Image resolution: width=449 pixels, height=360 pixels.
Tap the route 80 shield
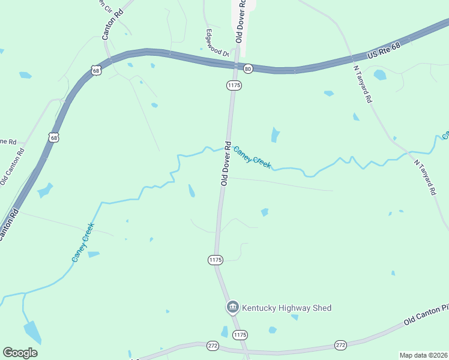(x=248, y=69)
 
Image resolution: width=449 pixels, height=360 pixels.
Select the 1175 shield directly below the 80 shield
(x=234, y=86)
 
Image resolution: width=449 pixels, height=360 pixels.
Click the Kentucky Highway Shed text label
(x=286, y=308)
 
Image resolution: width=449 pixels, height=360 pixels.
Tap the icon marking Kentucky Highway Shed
(x=232, y=308)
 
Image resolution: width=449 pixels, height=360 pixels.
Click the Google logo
(x=20, y=353)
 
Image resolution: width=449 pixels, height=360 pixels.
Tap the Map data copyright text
(x=423, y=355)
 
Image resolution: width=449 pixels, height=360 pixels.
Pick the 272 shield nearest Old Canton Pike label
(x=341, y=345)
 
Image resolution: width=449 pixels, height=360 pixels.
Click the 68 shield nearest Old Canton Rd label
(x=54, y=137)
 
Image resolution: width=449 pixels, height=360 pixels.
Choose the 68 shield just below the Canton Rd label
(x=96, y=70)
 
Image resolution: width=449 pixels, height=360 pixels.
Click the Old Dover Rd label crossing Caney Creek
(x=226, y=163)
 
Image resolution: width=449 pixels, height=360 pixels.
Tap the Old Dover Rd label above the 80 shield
(x=240, y=21)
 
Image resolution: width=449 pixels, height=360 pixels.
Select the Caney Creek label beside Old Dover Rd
(x=252, y=157)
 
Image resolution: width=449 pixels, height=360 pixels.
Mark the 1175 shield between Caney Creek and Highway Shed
(x=215, y=260)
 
